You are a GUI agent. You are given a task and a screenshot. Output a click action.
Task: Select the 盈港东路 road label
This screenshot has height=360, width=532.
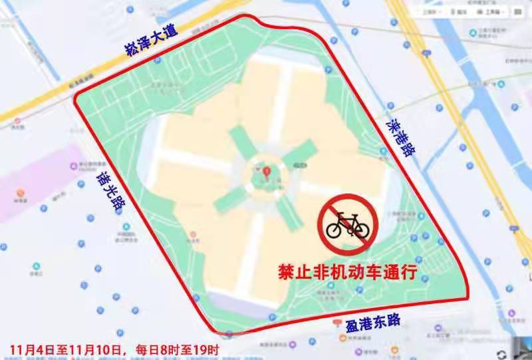(x=373, y=323)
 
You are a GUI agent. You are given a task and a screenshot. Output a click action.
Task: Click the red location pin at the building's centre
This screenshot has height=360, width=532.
(x=267, y=174)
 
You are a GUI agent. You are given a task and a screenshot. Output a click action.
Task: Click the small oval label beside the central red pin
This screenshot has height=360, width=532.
(x=301, y=164)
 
